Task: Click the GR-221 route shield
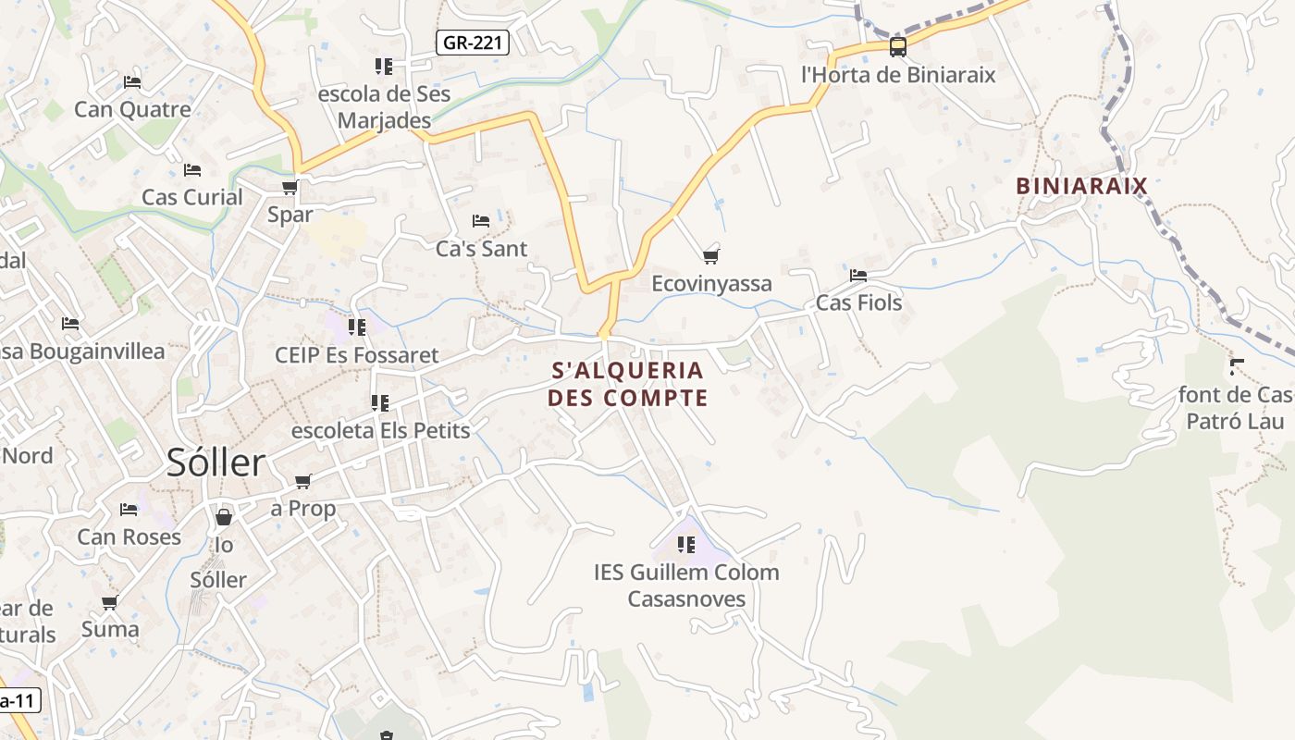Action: pos(472,43)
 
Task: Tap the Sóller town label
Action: pos(216,462)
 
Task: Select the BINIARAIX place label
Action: pos(1081,186)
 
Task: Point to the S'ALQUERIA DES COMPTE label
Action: pos(627,384)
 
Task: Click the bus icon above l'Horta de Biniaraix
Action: pos(897,47)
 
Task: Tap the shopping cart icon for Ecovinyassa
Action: pos(710,256)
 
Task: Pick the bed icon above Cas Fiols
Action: pos(858,276)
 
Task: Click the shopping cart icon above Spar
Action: pos(290,188)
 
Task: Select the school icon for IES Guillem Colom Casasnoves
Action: pos(685,545)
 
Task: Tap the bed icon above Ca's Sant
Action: pos(481,221)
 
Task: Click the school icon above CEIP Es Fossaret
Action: pos(356,327)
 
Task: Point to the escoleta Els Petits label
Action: pos(380,430)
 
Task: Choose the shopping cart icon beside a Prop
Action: pos(302,481)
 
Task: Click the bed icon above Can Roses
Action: pos(129,510)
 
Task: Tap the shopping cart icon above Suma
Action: pos(109,603)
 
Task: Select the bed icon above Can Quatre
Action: pos(132,82)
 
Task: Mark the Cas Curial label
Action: pos(191,197)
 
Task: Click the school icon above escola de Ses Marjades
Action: pos(383,67)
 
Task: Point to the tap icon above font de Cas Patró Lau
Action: pos(1237,367)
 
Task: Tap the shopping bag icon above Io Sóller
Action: pos(223,517)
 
